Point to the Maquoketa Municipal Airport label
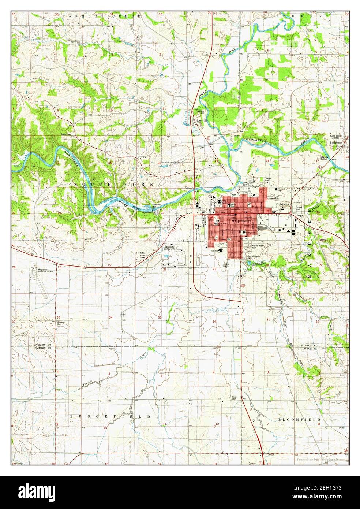(46, 271)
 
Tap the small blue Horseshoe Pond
(249, 263)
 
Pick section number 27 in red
(109, 265)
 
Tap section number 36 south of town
(214, 321)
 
